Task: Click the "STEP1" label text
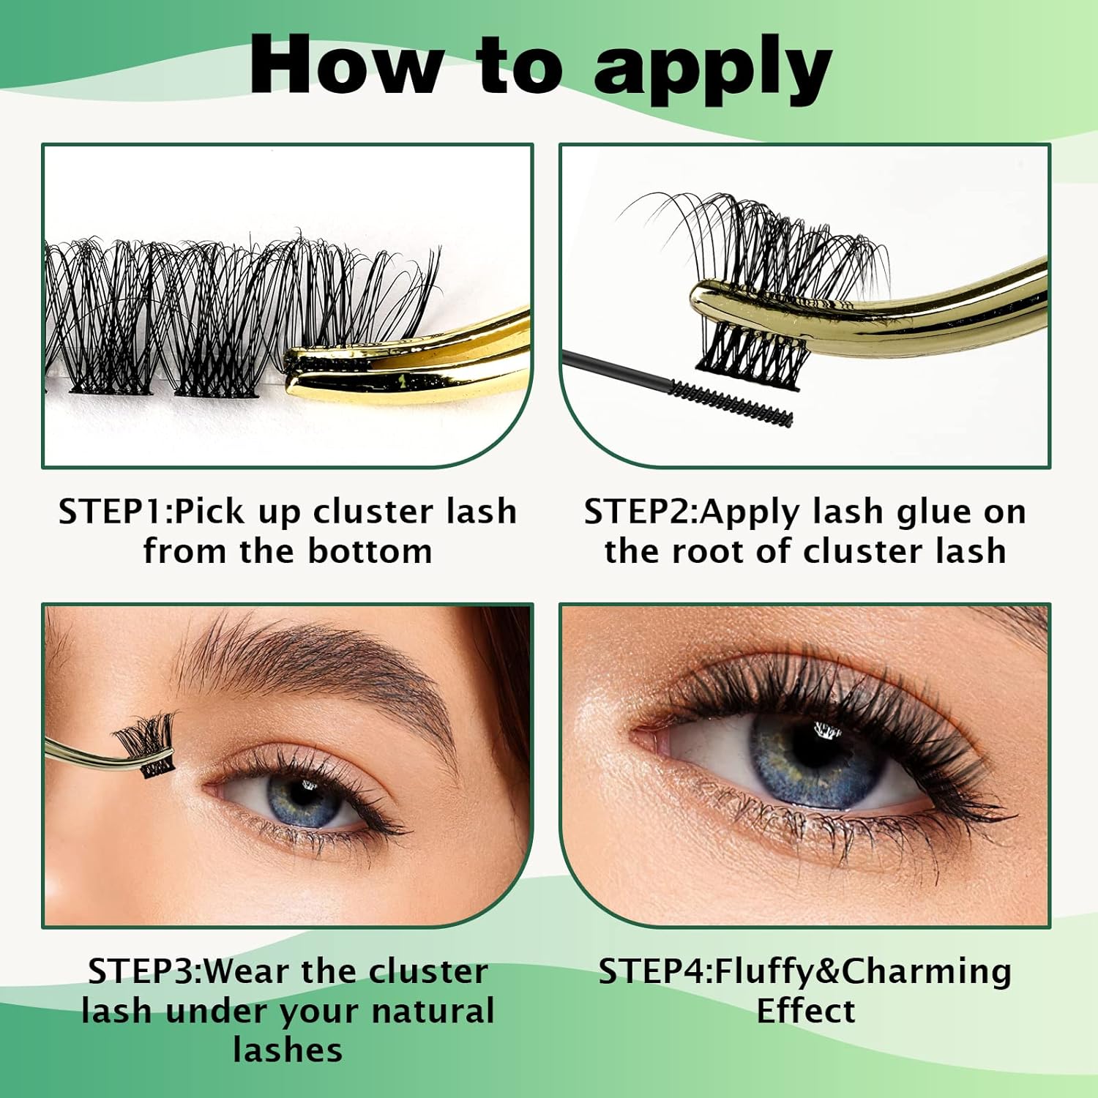tap(113, 512)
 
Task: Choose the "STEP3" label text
tap(142, 971)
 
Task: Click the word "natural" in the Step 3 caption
tap(432, 1011)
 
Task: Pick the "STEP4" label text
tap(652, 971)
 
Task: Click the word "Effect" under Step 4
tap(805, 1011)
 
